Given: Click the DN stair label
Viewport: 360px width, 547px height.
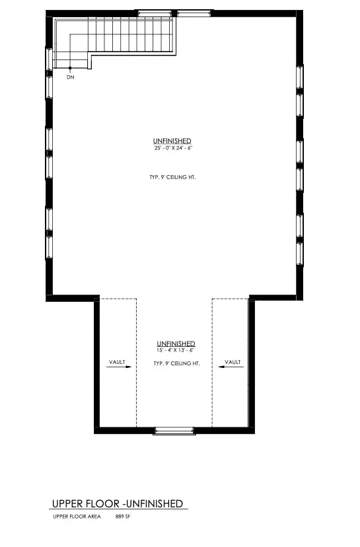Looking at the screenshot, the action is click(x=71, y=77).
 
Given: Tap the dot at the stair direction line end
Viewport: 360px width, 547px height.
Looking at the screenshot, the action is click(x=70, y=67).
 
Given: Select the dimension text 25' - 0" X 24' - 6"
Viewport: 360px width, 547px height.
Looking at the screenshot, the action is click(x=173, y=148).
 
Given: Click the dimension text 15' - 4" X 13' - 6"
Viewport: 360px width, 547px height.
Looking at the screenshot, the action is click(x=176, y=350).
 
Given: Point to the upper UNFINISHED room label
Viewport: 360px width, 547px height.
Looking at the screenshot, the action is click(x=172, y=141).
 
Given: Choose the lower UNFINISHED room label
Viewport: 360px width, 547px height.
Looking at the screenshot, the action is click(x=176, y=344).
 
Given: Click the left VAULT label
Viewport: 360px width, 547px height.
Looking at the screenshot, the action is click(x=117, y=362).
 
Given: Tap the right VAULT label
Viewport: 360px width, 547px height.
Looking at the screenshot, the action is click(x=233, y=362).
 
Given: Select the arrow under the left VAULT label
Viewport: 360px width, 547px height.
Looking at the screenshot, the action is click(x=119, y=367).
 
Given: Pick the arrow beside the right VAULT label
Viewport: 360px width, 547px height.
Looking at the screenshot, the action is click(x=231, y=367).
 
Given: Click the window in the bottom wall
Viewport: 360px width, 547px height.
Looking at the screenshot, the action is click(x=174, y=431).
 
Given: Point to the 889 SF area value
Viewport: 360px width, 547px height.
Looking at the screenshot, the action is click(x=123, y=517).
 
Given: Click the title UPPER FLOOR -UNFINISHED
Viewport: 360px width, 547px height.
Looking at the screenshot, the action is click(x=118, y=504).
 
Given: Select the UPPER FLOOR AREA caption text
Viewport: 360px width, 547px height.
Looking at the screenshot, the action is click(x=77, y=517).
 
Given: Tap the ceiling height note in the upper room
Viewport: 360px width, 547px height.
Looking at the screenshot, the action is click(x=172, y=177).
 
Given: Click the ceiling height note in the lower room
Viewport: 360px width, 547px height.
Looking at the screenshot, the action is click(x=177, y=363).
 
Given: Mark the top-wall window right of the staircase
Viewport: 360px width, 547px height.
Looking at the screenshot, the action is click(x=194, y=14).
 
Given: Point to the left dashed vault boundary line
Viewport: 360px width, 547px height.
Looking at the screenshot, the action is click(x=136, y=363).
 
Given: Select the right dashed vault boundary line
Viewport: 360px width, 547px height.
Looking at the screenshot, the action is click(x=212, y=363).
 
